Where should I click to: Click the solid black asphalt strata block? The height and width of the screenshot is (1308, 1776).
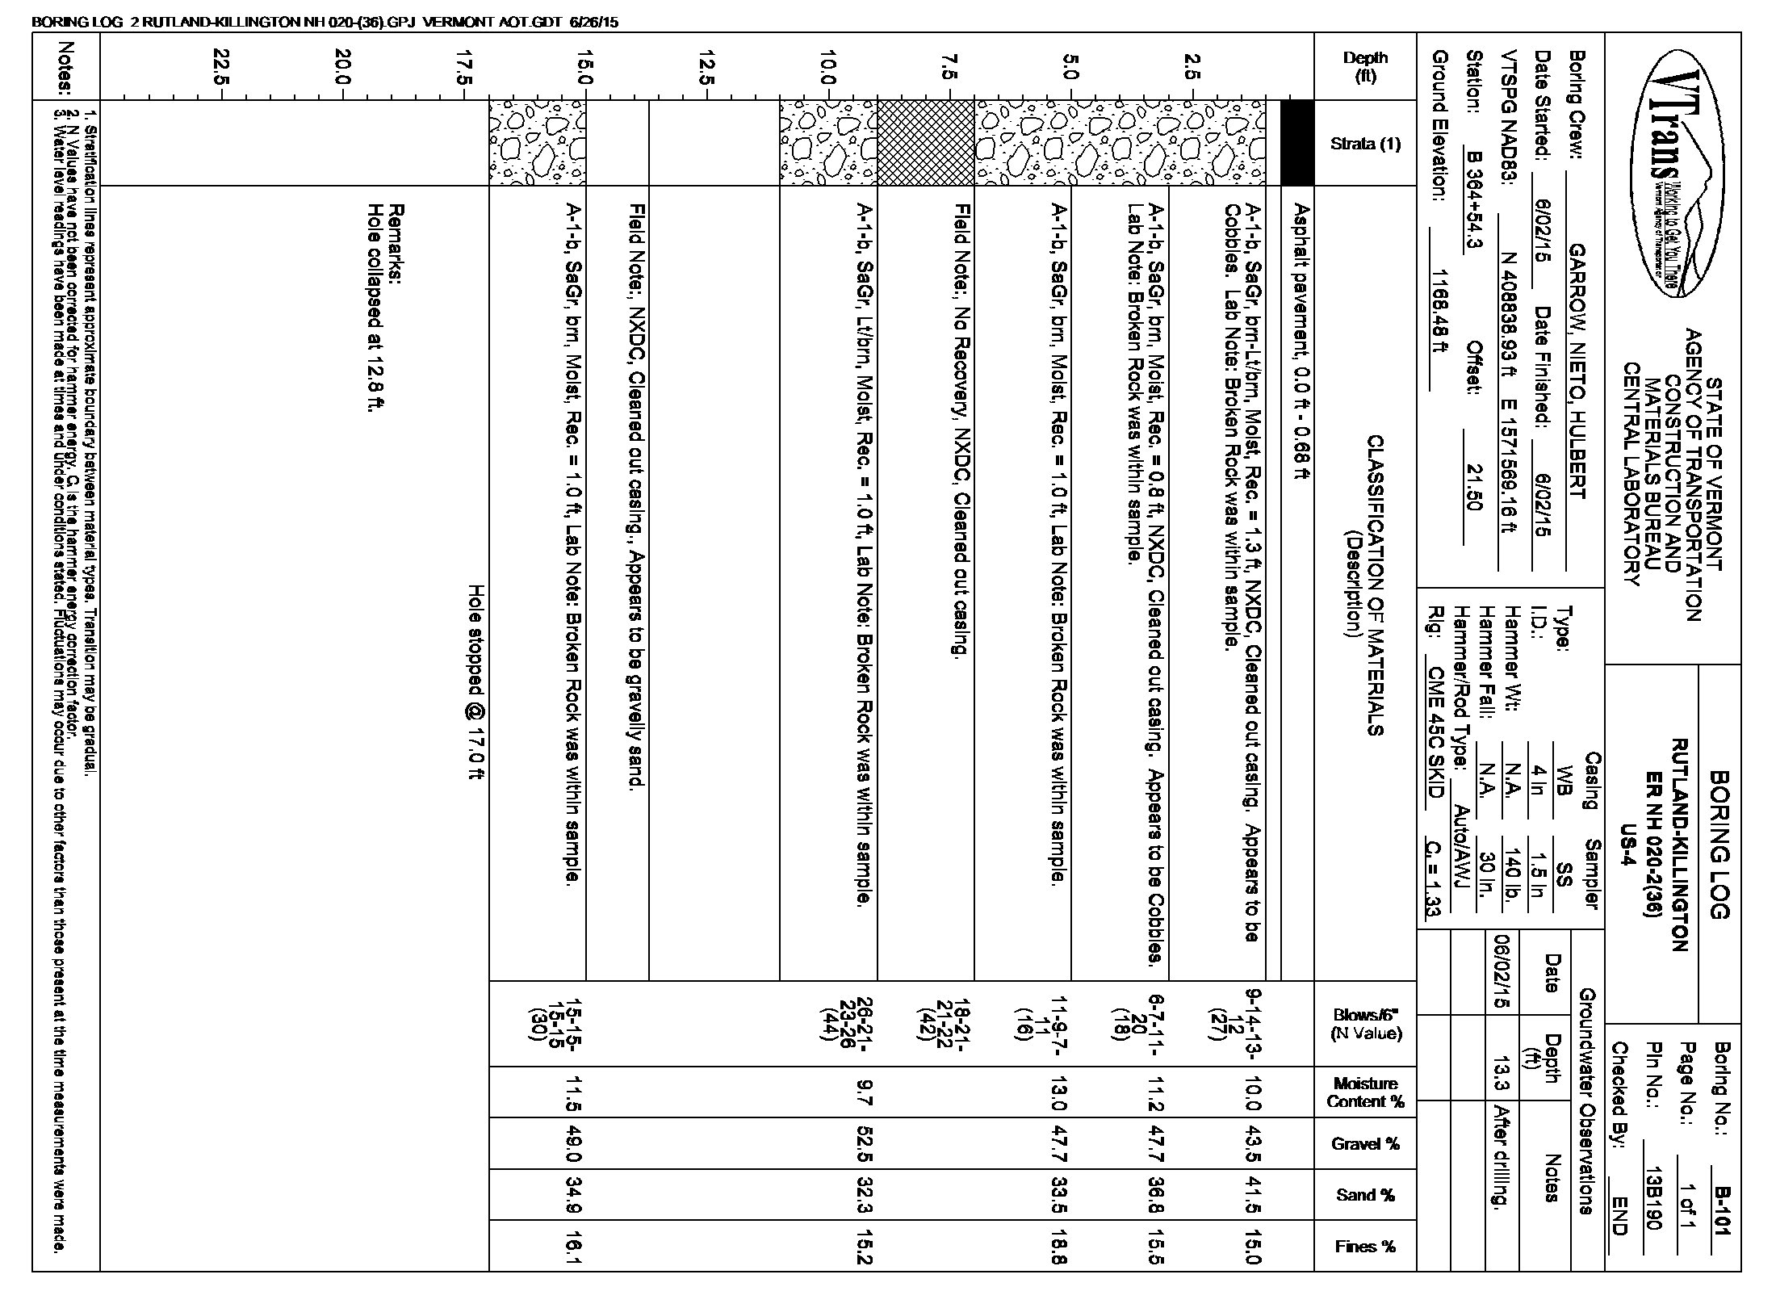point(1297,143)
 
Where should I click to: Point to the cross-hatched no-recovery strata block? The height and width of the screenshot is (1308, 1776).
point(925,143)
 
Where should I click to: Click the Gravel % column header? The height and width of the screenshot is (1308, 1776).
point(1366,1143)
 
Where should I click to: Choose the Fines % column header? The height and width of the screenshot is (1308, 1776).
point(1366,1246)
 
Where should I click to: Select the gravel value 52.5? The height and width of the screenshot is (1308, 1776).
point(862,1143)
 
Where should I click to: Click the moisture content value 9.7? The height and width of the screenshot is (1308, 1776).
point(862,1092)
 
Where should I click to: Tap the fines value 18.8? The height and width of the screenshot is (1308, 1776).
point(1058,1246)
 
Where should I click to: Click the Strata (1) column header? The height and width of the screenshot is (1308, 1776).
point(1366,144)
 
